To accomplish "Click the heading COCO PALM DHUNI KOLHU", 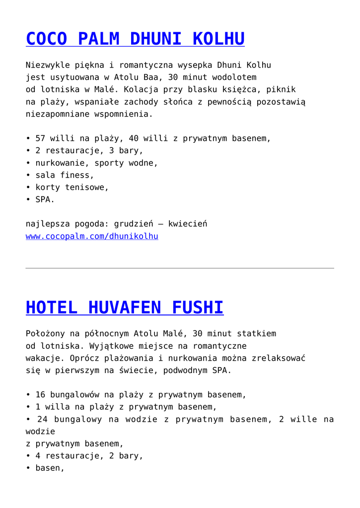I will tap(135, 39).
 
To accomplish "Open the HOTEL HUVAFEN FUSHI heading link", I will tap(124, 308).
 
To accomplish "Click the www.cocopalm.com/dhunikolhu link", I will tap(92, 236).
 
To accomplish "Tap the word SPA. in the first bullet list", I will tap(45, 199).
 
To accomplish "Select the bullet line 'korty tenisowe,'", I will tap(72, 188).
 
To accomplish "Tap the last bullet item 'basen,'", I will tap(50, 468).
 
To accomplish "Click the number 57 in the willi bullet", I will tap(40, 138).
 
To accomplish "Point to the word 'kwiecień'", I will tap(188, 224).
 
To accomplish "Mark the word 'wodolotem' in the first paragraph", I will tap(234, 77).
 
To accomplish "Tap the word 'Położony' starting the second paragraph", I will tap(45, 333).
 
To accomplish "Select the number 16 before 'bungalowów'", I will tap(40, 395).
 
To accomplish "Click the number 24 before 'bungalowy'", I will tap(42, 419).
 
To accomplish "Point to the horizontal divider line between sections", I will tap(180, 268).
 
